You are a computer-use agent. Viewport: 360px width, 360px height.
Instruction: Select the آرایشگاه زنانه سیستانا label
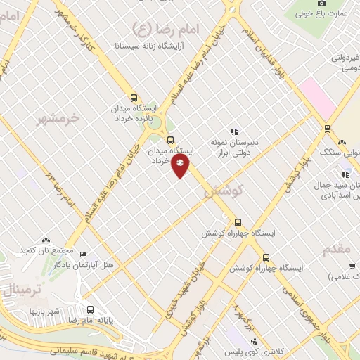point(155,45)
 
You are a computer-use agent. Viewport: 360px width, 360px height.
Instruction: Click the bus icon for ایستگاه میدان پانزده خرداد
point(134,98)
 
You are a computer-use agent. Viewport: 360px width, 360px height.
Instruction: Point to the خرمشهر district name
point(59,118)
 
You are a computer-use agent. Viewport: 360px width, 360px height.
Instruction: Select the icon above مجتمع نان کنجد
point(46,240)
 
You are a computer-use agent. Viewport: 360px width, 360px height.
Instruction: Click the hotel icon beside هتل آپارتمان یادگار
point(84,253)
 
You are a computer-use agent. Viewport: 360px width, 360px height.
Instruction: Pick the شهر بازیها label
point(45,310)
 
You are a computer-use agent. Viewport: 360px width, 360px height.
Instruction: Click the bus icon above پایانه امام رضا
point(90,309)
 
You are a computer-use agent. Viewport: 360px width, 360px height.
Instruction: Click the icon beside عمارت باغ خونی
point(302,13)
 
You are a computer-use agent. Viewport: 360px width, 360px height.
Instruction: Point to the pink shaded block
point(317,99)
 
